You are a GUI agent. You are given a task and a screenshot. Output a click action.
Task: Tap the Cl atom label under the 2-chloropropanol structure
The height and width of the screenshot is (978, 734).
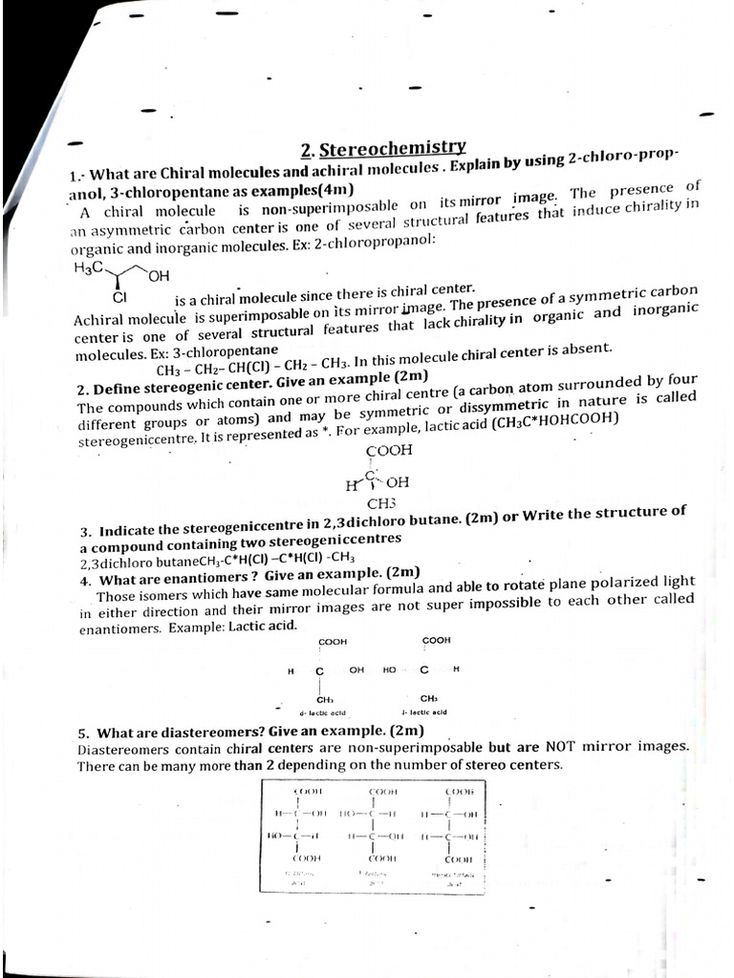(x=119, y=297)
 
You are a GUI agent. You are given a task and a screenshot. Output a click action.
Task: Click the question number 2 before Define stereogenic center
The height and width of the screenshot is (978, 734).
(x=82, y=390)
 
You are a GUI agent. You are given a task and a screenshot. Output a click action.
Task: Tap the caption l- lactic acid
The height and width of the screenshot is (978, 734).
(x=424, y=712)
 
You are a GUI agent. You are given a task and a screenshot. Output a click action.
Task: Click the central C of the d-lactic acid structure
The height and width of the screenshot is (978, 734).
(x=319, y=670)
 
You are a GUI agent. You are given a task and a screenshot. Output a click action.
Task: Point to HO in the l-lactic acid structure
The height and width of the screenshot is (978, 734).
(x=389, y=670)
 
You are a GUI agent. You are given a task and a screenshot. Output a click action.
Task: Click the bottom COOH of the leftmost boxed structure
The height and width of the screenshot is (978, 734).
(x=308, y=859)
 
